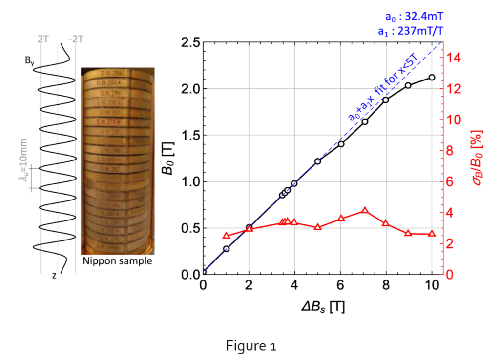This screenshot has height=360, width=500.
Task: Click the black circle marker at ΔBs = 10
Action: [432, 78]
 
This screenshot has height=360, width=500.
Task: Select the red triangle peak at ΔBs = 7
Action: [364, 211]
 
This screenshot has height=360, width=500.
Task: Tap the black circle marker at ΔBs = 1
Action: [226, 249]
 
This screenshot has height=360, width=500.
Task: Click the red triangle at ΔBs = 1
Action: [226, 236]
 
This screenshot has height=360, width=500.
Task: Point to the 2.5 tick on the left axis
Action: [186, 42]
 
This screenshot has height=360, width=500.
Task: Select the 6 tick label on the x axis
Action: [340, 284]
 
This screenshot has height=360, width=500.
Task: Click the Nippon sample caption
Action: [117, 261]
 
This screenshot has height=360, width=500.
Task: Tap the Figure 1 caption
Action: [251, 346]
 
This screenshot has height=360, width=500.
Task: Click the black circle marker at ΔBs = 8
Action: [386, 100]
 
